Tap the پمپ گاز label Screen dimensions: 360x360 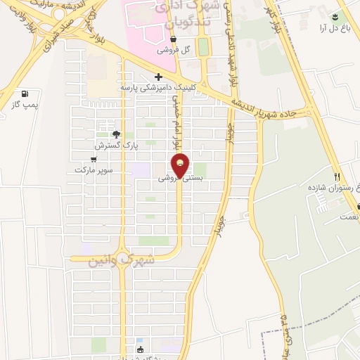(25, 105)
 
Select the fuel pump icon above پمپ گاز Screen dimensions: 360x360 (25, 94)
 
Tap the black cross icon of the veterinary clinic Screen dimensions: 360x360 (158, 77)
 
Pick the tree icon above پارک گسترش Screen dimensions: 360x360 (116, 134)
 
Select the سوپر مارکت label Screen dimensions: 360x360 (94, 170)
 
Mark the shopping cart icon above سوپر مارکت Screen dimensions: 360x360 (94, 160)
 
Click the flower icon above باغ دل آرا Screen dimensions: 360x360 (335, 16)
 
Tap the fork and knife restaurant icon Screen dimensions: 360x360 (337, 176)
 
